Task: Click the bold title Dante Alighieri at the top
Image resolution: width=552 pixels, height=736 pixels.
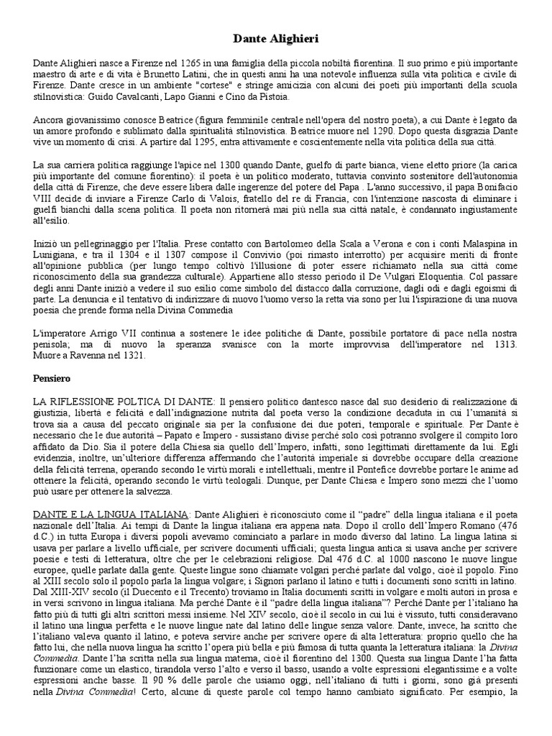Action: click(276, 37)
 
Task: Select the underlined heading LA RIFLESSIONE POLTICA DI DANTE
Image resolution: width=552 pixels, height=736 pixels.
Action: click(124, 401)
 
